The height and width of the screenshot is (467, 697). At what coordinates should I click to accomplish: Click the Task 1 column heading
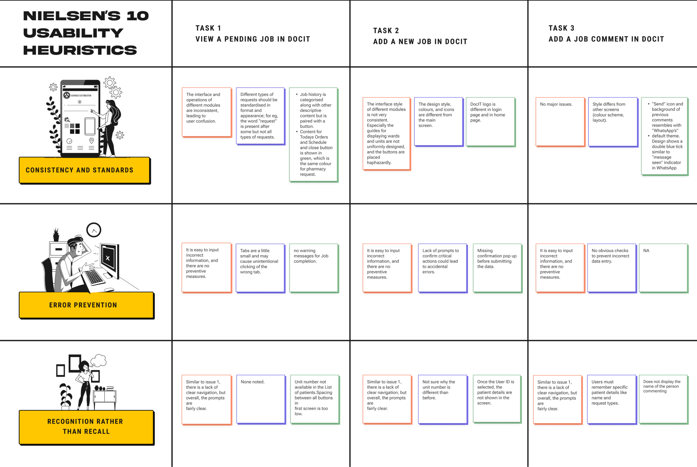(253, 33)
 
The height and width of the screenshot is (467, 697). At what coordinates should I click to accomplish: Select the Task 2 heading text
(420, 36)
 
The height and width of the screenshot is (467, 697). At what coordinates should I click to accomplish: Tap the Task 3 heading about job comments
(606, 33)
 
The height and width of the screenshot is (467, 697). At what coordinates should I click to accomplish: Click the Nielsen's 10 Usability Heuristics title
(86, 33)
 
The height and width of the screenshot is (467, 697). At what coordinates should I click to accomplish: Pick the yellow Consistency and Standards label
(84, 170)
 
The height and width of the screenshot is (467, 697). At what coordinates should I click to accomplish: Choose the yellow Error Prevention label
(86, 305)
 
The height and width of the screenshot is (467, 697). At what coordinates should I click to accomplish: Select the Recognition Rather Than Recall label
(86, 426)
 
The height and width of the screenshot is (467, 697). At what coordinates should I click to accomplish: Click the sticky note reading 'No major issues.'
(560, 122)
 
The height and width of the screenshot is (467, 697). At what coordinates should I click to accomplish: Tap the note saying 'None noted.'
(261, 399)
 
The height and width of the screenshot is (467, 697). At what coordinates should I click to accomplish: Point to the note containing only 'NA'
(663, 267)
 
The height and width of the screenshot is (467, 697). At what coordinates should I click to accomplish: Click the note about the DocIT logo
(490, 122)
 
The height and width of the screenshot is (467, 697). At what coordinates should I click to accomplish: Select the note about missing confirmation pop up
(497, 267)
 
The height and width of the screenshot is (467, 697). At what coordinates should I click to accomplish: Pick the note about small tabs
(260, 268)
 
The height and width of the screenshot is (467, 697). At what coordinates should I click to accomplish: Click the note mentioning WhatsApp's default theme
(665, 136)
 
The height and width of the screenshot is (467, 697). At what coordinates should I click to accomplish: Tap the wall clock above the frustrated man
(94, 230)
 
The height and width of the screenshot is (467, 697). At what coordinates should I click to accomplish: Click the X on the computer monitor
(108, 258)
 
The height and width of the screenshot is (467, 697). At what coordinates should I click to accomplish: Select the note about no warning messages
(314, 267)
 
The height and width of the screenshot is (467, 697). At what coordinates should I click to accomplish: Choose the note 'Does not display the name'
(663, 399)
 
